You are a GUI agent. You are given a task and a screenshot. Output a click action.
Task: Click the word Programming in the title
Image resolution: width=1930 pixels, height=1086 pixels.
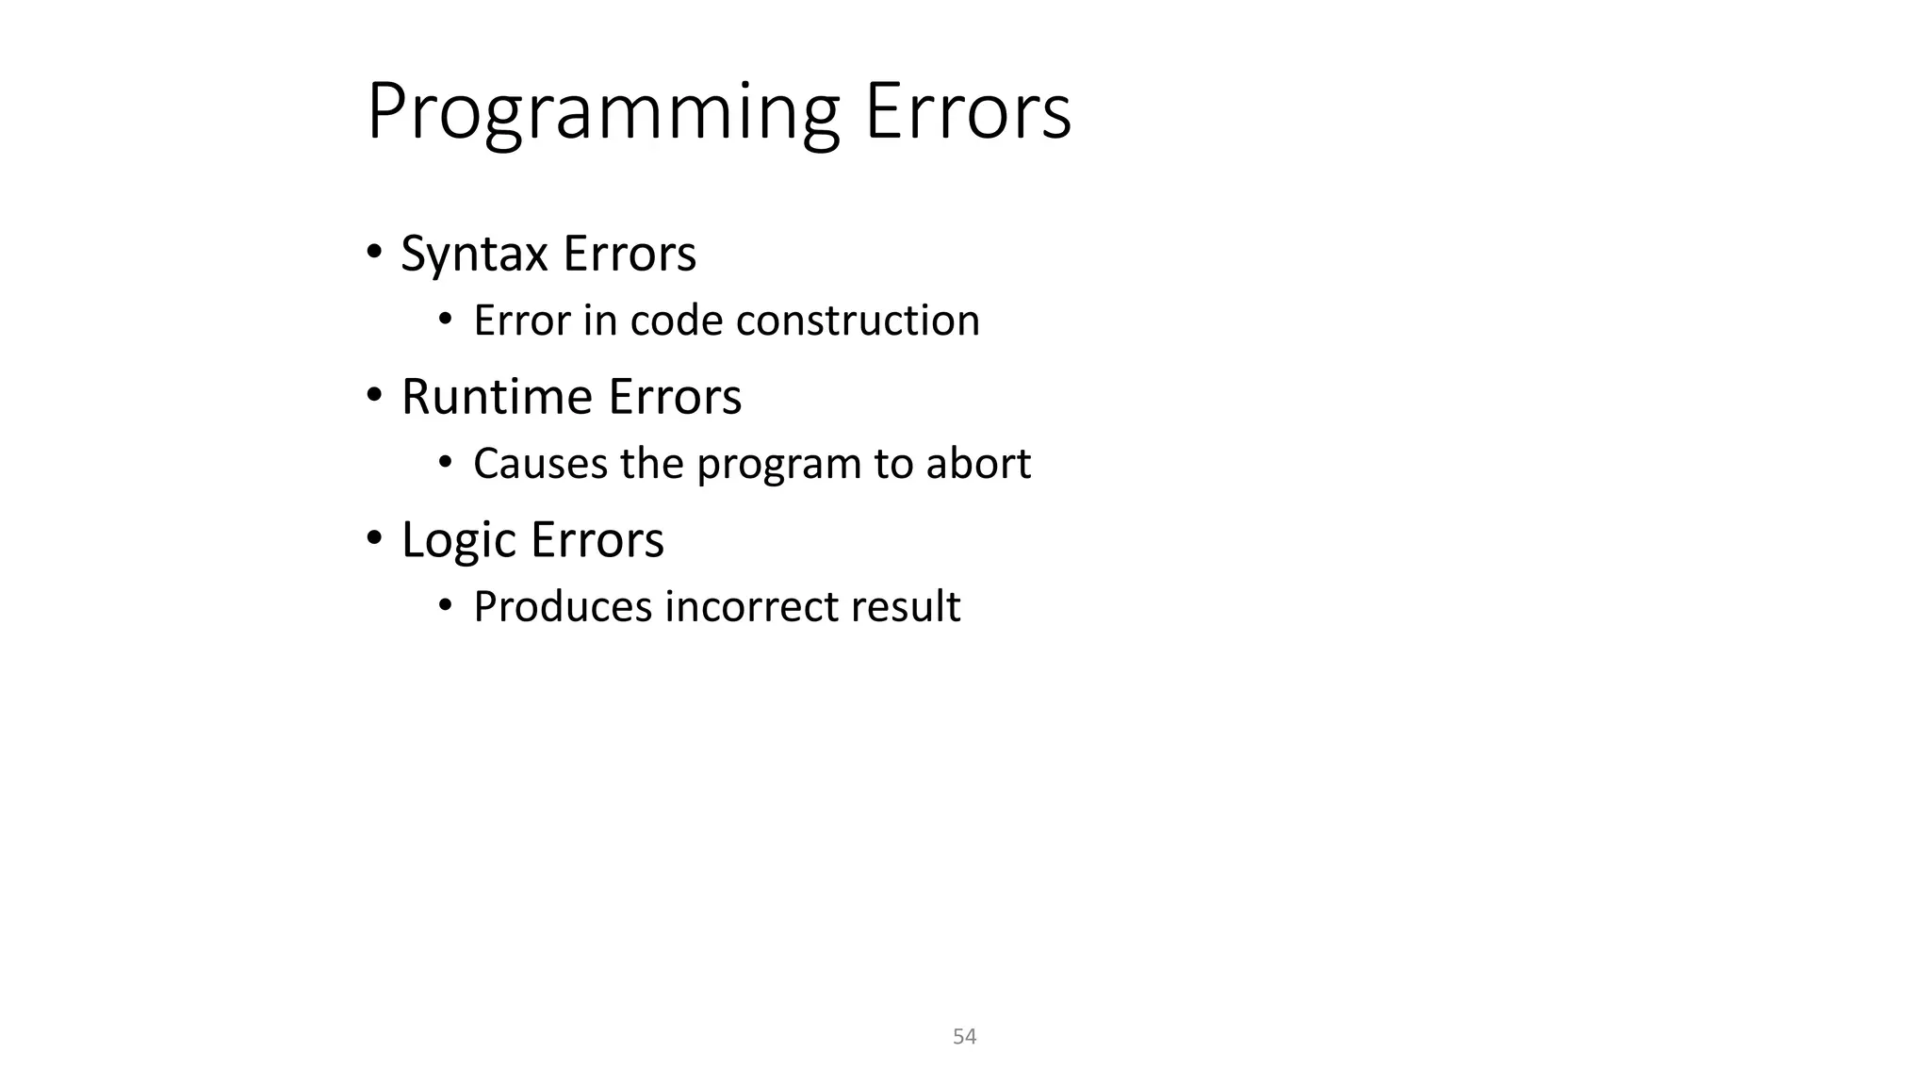click(x=603, y=113)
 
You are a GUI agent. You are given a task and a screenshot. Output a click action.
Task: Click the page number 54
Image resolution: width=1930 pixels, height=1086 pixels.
click(x=964, y=1037)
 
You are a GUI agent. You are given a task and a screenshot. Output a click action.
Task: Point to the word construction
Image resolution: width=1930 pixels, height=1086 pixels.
click(x=858, y=321)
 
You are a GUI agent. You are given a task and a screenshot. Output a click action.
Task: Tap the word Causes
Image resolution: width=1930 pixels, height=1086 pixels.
click(x=540, y=464)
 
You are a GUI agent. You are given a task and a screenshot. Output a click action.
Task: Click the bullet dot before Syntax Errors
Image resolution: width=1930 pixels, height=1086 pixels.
click(x=374, y=252)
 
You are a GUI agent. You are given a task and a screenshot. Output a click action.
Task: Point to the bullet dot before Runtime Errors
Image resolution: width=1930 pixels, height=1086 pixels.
click(x=374, y=395)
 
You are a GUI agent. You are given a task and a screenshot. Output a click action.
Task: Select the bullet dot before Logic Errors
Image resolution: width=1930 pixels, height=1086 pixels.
click(x=374, y=538)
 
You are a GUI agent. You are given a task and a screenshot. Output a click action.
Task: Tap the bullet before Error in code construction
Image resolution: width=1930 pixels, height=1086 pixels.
click(x=446, y=319)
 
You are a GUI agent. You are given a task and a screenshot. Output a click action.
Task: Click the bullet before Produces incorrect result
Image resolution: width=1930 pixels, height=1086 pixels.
click(x=446, y=604)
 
